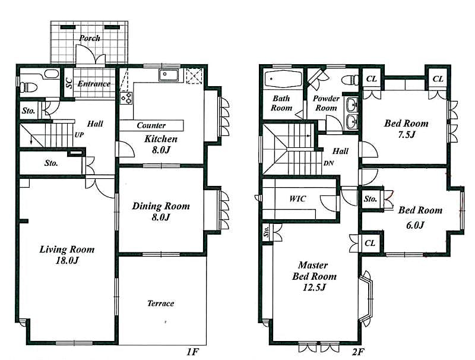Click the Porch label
[90, 39]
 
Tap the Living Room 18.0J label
[66, 255]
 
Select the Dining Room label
[160, 211]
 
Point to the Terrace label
[161, 304]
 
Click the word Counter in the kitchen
[151, 126]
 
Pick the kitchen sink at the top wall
[169, 75]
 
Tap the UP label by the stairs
[78, 135]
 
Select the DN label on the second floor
[328, 163]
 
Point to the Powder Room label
[326, 103]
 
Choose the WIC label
[297, 198]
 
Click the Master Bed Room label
[313, 276]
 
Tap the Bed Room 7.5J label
[406, 129]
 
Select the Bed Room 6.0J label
[420, 217]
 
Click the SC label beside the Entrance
[69, 84]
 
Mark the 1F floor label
[191, 352]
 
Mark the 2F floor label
[357, 352]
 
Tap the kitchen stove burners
[126, 96]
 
